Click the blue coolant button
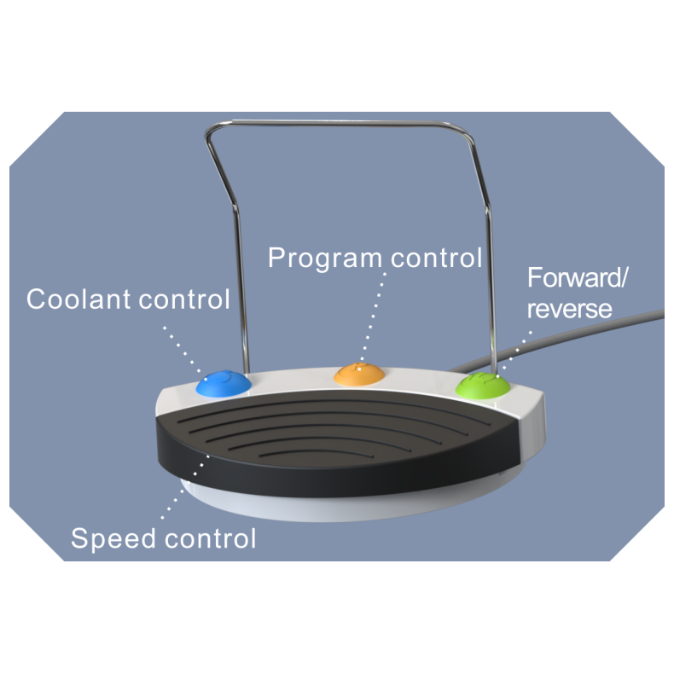tap(224, 383)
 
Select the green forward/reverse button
tap(483, 385)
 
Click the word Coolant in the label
tap(76, 299)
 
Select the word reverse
tap(568, 308)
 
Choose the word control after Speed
tap(209, 539)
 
